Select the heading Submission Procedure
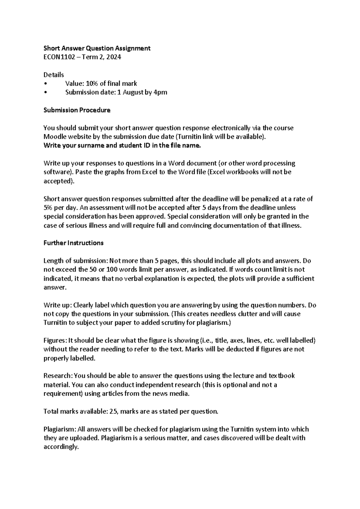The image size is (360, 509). [x=77, y=110]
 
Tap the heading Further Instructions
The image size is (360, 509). [x=73, y=243]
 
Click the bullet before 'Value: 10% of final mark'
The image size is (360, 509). [x=45, y=84]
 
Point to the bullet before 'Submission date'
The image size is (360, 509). [x=45, y=93]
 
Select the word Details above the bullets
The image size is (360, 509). [x=54, y=75]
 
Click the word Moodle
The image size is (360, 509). [x=54, y=137]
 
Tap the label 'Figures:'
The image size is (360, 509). [x=55, y=341]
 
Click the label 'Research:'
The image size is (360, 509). [x=58, y=376]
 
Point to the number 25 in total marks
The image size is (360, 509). [x=113, y=412]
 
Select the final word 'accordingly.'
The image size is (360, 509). [x=61, y=447]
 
